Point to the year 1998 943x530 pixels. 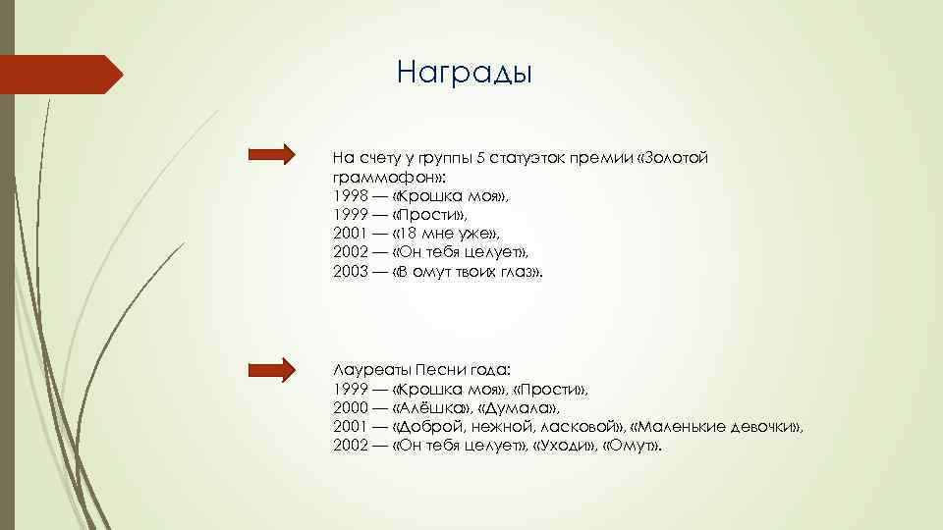pos(348,196)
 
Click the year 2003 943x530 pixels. pos(348,272)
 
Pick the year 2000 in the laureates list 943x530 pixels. pos(348,407)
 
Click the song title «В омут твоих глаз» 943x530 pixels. pos(466,272)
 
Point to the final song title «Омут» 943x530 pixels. pos(633,446)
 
